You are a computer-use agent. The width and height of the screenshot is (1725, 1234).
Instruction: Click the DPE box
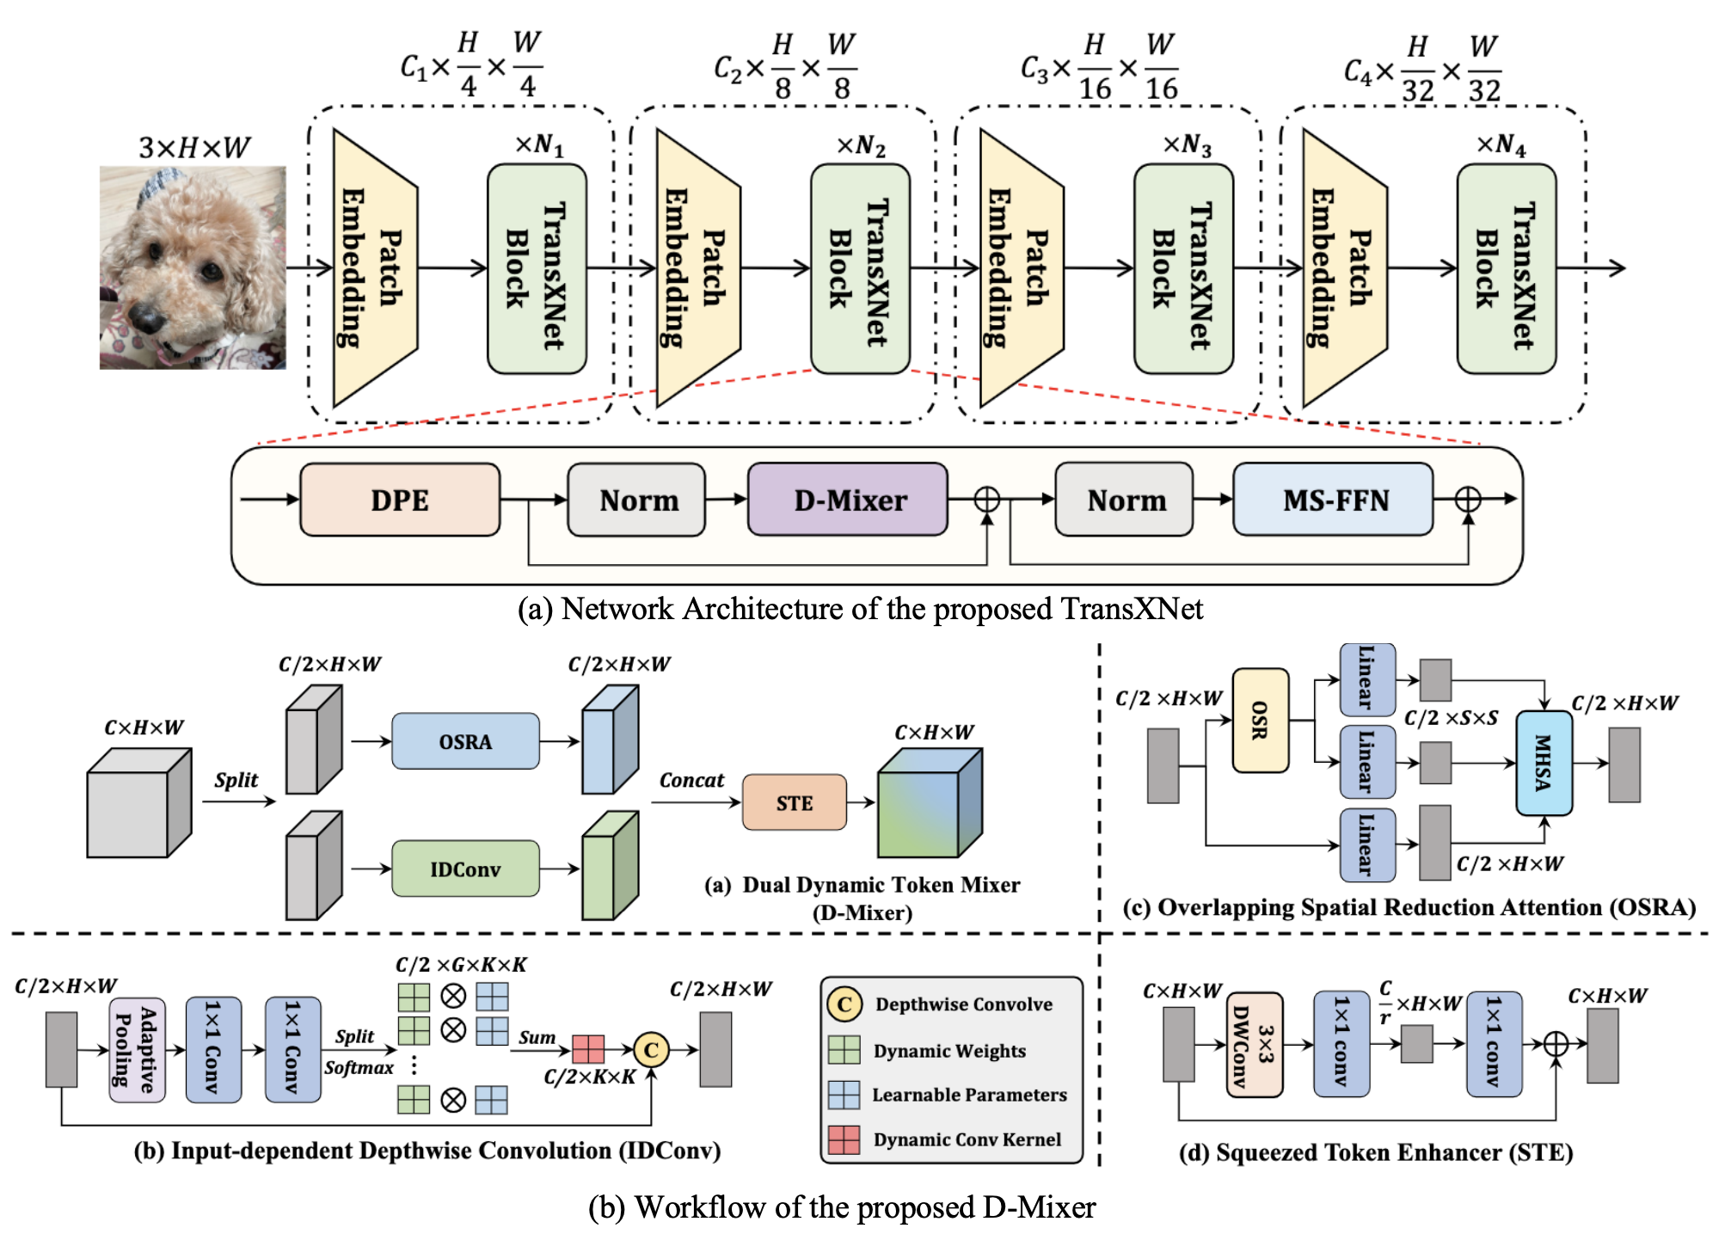click(x=400, y=500)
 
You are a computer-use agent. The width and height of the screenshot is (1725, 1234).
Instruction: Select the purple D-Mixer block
click(x=848, y=500)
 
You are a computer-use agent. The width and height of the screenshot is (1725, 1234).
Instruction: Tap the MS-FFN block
click(x=1334, y=500)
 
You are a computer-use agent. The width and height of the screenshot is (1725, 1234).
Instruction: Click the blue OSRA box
click(x=465, y=741)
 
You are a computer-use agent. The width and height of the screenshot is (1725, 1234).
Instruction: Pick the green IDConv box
click(x=465, y=869)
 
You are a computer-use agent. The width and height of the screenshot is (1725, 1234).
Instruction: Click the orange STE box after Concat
click(x=794, y=802)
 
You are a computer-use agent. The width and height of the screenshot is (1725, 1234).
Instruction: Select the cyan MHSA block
click(x=1544, y=763)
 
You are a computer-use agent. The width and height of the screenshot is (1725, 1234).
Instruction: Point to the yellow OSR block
click(x=1260, y=721)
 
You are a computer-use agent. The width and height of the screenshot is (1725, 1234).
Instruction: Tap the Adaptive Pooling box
click(x=137, y=1049)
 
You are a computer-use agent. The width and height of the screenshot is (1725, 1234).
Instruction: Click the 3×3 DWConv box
click(x=1255, y=1045)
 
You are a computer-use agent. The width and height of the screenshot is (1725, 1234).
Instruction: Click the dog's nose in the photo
click(x=146, y=320)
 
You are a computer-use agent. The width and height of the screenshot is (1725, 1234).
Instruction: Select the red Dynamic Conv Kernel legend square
click(x=844, y=1139)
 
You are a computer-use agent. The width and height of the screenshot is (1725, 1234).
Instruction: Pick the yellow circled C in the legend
click(x=844, y=1004)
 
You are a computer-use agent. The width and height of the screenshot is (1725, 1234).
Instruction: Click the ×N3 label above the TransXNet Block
click(x=1187, y=144)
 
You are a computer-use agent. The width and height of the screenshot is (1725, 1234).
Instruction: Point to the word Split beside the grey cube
click(x=236, y=780)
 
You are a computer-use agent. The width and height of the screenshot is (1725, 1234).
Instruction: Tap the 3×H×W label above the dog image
click(x=194, y=148)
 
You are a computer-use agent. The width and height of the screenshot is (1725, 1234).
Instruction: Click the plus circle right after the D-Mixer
click(x=987, y=500)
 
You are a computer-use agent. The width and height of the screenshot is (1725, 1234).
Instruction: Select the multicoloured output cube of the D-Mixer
click(x=929, y=804)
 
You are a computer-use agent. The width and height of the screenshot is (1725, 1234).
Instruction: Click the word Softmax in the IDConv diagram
click(x=359, y=1068)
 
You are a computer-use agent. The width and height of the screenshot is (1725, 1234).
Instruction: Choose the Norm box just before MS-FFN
click(x=1125, y=500)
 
